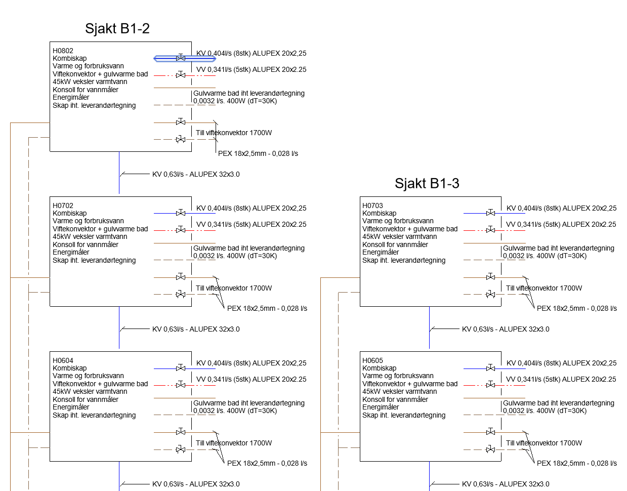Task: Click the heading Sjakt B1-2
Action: (117, 28)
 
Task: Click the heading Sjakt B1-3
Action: (427, 183)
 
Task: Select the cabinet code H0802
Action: (63, 51)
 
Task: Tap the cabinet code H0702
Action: (63, 206)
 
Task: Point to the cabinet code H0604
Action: (63, 360)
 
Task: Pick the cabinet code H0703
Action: (372, 206)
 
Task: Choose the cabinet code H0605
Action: (372, 360)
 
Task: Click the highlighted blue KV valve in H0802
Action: (181, 58)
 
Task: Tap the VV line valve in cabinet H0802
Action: (181, 75)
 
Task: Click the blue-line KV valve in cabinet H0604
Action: (181, 368)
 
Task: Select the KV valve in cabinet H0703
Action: (490, 213)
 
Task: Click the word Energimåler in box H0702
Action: (71, 252)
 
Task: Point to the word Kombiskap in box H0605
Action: (379, 368)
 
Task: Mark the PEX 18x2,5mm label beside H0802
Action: (258, 153)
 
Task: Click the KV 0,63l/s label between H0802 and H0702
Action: (196, 174)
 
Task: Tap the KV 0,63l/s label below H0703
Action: (506, 329)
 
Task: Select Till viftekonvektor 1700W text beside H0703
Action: (544, 288)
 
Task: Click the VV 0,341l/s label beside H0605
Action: (561, 379)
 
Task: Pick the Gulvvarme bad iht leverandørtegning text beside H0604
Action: (249, 403)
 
